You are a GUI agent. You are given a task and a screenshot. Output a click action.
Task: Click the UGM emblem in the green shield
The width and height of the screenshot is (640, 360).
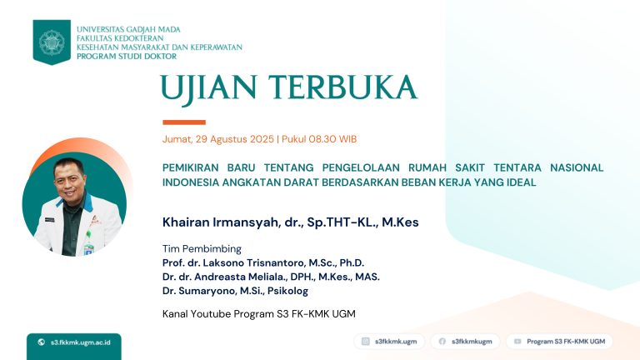click(x=52, y=42)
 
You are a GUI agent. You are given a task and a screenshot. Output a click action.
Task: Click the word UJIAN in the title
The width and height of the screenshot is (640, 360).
click(x=208, y=89)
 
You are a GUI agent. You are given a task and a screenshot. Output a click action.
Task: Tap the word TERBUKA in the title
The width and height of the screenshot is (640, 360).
click(x=342, y=87)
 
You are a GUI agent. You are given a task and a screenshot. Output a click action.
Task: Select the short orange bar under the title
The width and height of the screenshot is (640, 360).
click(x=184, y=122)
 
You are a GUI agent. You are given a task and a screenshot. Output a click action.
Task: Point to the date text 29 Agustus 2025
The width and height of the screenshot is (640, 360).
click(x=235, y=139)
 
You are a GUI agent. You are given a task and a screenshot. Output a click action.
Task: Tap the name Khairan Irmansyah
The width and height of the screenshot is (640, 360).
click(x=221, y=222)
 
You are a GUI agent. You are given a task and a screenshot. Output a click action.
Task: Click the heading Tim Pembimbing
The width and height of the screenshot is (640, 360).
click(x=202, y=249)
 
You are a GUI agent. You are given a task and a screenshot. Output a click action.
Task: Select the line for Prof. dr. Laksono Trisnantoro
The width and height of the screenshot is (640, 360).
click(x=263, y=262)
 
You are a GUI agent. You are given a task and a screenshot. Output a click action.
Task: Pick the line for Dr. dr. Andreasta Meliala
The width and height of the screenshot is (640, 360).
click(x=271, y=277)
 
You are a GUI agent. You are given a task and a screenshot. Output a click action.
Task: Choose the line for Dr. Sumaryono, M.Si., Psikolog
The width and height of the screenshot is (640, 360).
click(x=236, y=291)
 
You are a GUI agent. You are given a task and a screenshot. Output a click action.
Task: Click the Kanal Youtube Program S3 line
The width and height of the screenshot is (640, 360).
click(x=259, y=314)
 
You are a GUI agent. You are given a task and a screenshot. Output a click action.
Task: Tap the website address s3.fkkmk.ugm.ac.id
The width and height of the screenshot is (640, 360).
click(x=80, y=342)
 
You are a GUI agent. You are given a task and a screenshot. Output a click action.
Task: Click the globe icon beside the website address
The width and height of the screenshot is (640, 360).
click(x=41, y=342)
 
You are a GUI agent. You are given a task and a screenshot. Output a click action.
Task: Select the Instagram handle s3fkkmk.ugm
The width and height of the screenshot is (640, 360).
click(x=396, y=342)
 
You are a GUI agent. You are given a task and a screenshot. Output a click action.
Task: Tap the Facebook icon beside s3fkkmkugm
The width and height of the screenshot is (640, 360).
click(x=442, y=341)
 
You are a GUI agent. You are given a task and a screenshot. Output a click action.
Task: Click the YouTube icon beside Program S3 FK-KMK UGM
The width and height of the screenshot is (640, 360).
click(x=517, y=341)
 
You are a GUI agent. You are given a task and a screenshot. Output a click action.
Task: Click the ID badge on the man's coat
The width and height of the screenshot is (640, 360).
click(x=88, y=248)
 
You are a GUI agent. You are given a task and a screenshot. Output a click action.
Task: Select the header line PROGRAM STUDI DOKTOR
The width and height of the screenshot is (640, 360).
click(x=127, y=57)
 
